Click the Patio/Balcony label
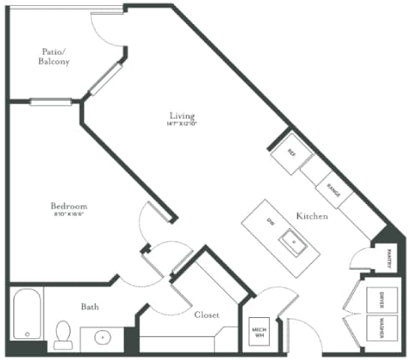55,57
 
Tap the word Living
181,115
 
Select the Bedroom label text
69,206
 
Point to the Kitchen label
312,216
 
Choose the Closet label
206,316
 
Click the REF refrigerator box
292,153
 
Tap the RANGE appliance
334,193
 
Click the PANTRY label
390,259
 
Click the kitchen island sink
294,241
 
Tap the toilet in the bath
64,334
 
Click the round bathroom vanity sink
103,337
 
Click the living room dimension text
181,124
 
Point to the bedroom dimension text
69,215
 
